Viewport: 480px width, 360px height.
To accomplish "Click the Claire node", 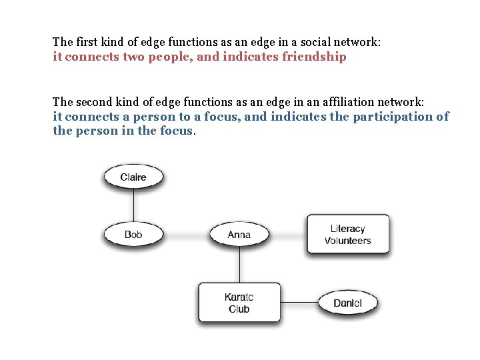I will point(133,177).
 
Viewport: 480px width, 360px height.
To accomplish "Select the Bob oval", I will point(133,235).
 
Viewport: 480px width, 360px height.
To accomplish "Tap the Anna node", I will point(239,235).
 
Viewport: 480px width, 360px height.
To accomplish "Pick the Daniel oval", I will point(347,303).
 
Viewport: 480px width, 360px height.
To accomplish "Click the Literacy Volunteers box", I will point(347,235).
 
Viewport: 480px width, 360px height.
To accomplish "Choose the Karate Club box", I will point(239,303).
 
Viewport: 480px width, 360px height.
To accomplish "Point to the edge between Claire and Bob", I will point(133,205).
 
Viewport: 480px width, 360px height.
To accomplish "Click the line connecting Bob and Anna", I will point(186,235).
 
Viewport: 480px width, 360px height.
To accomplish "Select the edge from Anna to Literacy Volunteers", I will point(288,235).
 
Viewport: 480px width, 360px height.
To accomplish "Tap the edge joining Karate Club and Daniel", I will point(299,303).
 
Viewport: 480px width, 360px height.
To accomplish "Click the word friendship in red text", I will point(314,57).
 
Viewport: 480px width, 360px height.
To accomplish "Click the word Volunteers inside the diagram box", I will point(347,241).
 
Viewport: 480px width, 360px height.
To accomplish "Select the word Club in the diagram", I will point(239,309).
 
